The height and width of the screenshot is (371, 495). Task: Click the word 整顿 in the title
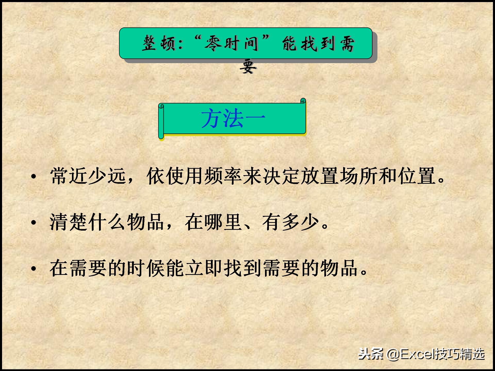[x=159, y=43]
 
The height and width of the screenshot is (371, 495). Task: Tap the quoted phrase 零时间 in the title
[x=232, y=43]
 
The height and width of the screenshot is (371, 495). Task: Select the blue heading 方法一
[x=233, y=119]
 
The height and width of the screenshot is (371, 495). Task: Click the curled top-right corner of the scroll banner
[x=303, y=101]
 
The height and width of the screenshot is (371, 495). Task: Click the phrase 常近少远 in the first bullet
[x=88, y=176]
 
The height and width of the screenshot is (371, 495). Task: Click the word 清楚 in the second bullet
[x=69, y=222]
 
